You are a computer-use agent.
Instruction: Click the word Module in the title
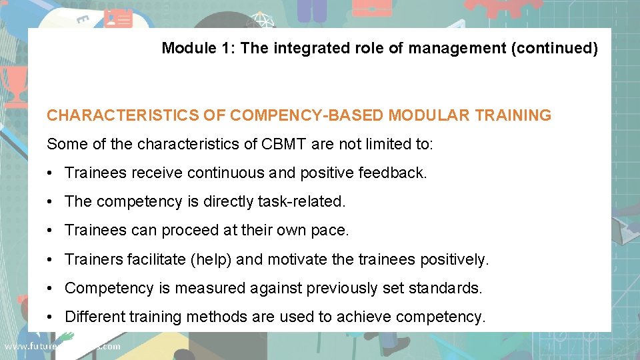pos(187,48)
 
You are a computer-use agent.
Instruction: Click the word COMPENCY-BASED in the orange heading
pos(307,115)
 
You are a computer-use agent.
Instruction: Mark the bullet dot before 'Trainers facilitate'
pos(51,260)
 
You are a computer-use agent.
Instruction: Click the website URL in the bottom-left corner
pos(62,346)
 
